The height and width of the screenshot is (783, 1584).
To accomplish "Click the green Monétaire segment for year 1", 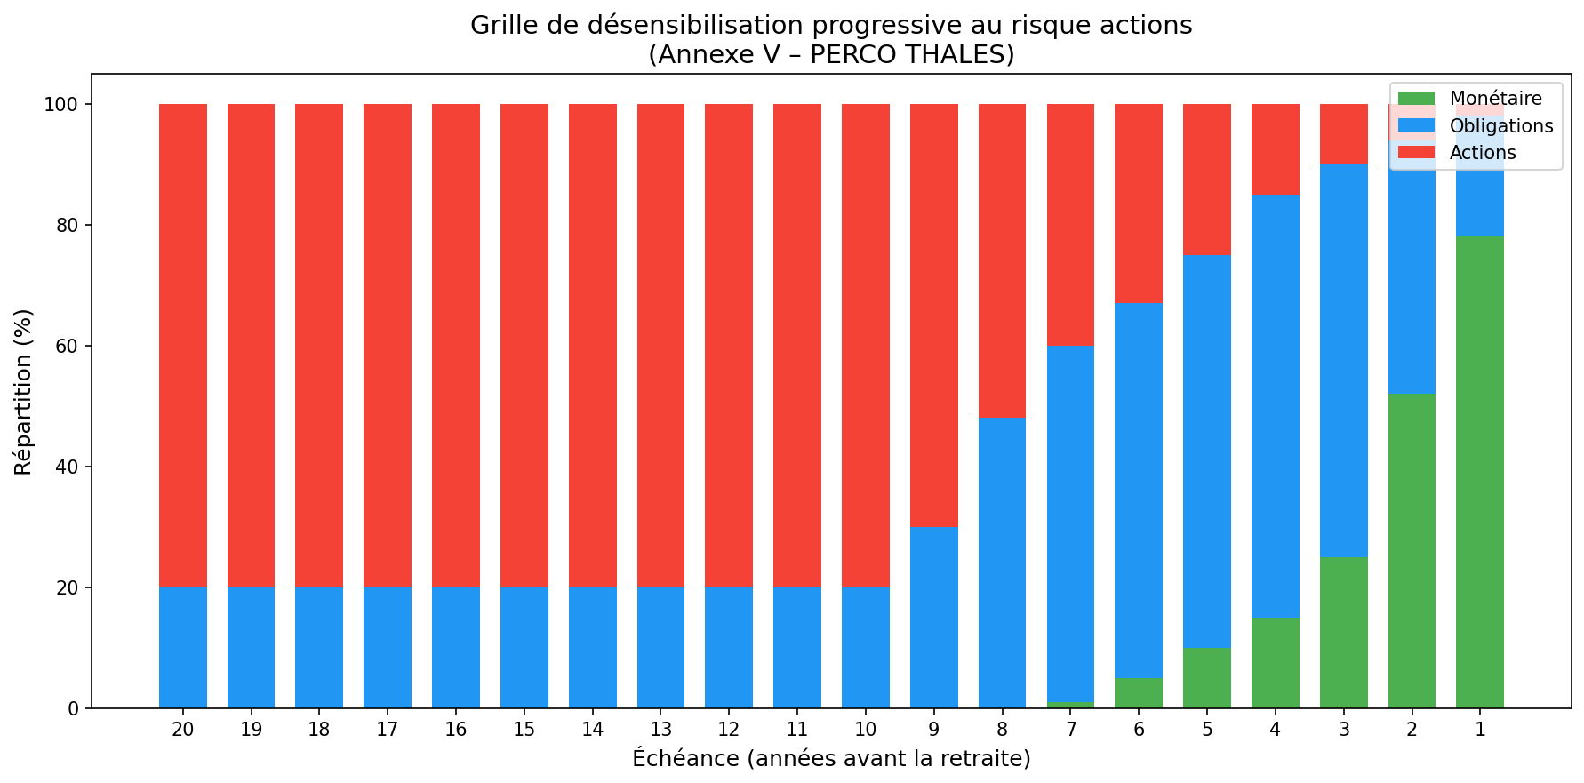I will (1480, 472).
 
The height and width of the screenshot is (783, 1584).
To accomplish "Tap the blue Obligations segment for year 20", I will (183, 648).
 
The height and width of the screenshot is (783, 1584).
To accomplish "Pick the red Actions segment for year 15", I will (524, 346).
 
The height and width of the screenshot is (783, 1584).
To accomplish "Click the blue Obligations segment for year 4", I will (1276, 406).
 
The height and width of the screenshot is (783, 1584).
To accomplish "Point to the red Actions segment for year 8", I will (1002, 260).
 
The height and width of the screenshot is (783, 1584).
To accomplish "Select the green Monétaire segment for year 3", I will (1344, 633).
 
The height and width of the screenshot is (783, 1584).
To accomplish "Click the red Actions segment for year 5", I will (1207, 180).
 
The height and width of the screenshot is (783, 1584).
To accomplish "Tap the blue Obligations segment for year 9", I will (934, 618).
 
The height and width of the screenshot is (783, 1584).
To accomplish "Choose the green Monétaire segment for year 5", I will (1207, 678).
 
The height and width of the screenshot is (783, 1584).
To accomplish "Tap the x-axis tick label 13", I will (660, 731).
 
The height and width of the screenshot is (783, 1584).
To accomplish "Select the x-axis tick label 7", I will (1070, 731).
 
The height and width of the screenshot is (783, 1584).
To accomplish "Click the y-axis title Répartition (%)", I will (24, 391).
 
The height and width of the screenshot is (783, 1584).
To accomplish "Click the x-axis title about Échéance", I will (831, 759).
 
